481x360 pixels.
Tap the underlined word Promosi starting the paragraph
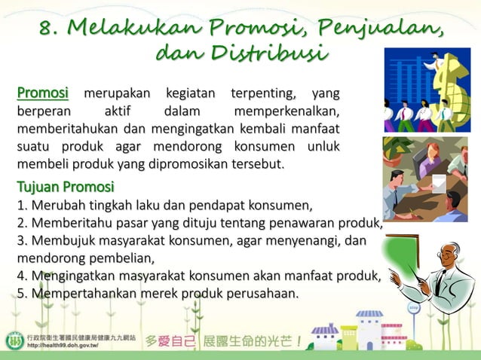click(x=43, y=94)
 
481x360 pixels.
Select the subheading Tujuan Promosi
click(x=66, y=186)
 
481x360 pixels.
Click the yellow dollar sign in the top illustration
click(x=443, y=76)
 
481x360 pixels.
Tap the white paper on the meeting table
click(x=437, y=181)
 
